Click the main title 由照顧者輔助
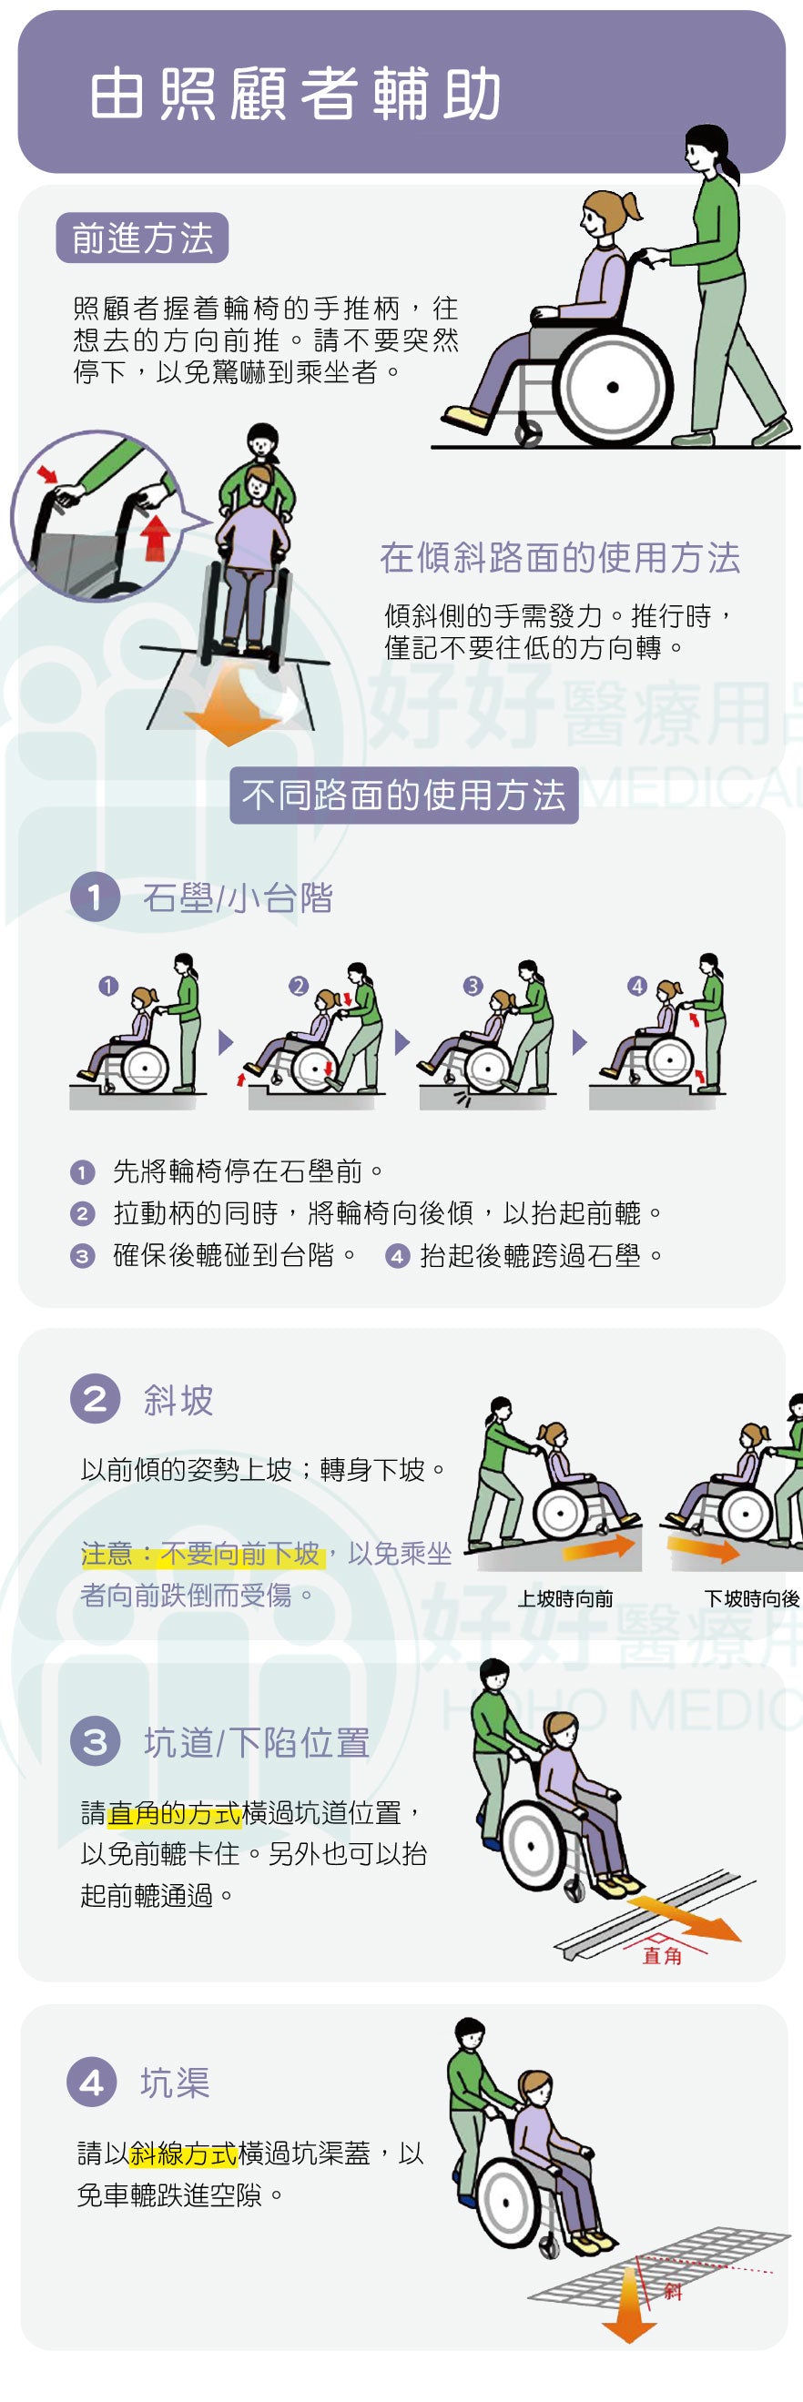296,94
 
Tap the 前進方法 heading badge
143,238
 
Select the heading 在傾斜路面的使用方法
560,558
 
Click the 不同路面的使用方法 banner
404,795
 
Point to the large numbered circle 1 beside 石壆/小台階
95,897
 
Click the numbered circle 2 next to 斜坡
95,1399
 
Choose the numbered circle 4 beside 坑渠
91,2082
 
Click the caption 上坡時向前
565,1598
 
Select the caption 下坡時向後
752,1598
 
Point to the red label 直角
662,1955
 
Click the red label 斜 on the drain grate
674,2291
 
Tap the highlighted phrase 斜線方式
184,2153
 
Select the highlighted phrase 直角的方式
175,1813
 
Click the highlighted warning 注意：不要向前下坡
201,1554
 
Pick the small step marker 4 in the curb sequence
637,986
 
